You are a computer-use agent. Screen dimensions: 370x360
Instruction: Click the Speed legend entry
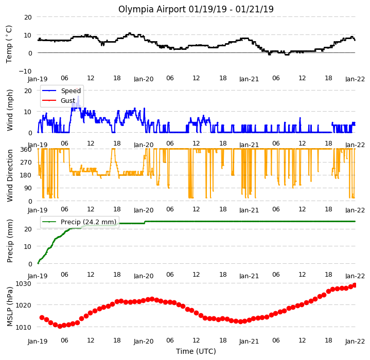[x=62, y=91]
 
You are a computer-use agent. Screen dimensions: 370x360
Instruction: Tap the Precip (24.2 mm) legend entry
[x=79, y=222]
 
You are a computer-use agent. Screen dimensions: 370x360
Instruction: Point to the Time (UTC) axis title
[x=196, y=351]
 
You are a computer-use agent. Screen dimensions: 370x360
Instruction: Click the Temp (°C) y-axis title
[x=9, y=44]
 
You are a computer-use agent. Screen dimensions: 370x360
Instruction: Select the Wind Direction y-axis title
[x=10, y=176]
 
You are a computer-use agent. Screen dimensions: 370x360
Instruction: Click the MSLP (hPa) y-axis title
[x=10, y=307]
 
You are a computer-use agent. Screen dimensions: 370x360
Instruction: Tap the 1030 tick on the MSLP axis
[x=23, y=283]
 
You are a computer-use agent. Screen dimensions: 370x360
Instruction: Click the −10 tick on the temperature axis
[x=25, y=71]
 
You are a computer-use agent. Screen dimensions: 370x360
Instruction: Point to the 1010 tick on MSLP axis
[x=23, y=327]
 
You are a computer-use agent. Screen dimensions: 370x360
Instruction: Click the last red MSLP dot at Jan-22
[x=355, y=285]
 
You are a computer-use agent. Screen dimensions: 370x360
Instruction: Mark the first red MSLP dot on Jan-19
[x=42, y=317]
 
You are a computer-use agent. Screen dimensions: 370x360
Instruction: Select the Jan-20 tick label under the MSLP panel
[x=144, y=341]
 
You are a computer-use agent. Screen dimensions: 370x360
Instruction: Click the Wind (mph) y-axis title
[x=10, y=111]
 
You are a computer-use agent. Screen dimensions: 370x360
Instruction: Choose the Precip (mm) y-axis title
[x=10, y=241]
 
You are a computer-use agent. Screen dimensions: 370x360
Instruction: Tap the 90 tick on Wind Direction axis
[x=28, y=188]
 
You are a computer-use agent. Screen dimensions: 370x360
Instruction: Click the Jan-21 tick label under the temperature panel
[x=249, y=79]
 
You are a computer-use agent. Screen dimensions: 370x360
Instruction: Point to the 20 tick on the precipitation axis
[x=28, y=229]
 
